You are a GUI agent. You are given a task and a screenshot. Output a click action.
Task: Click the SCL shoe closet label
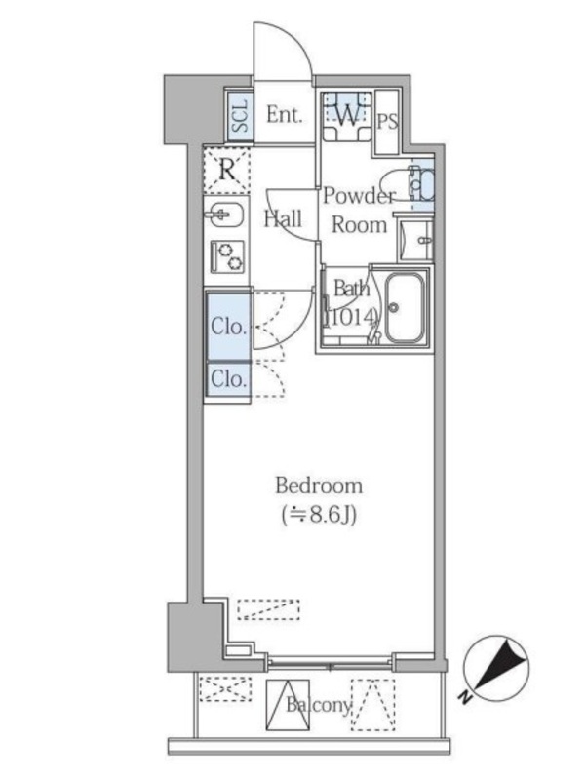pyautogui.click(x=240, y=116)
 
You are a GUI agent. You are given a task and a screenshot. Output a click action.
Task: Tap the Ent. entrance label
pyautogui.click(x=284, y=115)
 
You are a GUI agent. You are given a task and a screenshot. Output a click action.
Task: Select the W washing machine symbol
pyautogui.click(x=347, y=116)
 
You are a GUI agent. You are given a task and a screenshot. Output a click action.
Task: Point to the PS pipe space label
pyautogui.click(x=387, y=121)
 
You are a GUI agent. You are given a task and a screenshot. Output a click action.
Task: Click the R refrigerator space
pyautogui.click(x=227, y=170)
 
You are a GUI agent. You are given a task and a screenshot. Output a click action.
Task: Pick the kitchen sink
pyautogui.click(x=224, y=214)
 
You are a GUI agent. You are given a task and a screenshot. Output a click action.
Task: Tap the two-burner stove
pyautogui.click(x=227, y=256)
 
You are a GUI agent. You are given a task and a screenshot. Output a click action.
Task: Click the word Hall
pyautogui.click(x=283, y=218)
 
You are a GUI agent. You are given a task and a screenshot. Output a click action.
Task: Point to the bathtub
pyautogui.click(x=405, y=308)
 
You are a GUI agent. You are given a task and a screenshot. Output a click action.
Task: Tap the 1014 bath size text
pyautogui.click(x=351, y=316)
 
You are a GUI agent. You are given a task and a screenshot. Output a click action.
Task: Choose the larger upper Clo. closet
pyautogui.click(x=228, y=327)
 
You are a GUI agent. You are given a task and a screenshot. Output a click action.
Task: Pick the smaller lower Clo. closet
pyautogui.click(x=228, y=379)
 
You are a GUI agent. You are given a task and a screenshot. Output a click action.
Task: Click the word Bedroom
pyautogui.click(x=319, y=486)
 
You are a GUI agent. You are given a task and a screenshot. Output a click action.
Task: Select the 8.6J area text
pyautogui.click(x=319, y=516)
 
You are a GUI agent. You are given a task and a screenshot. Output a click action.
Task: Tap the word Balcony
pyautogui.click(x=319, y=704)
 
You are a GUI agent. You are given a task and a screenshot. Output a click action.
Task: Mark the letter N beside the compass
pyautogui.click(x=466, y=697)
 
